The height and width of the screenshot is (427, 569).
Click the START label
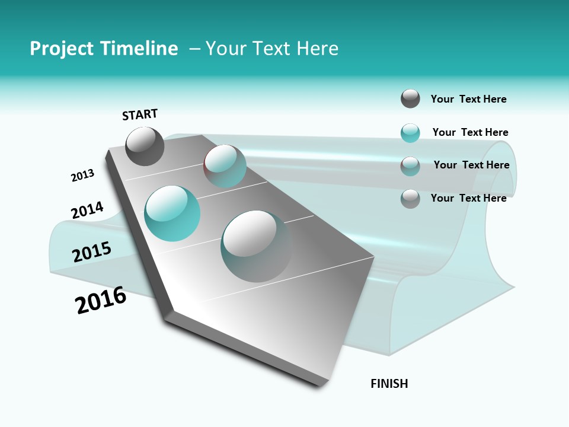pos(140,114)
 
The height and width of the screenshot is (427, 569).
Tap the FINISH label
pos(389,384)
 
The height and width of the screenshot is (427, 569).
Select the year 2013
pos(82,176)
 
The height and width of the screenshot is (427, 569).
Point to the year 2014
pos(87,211)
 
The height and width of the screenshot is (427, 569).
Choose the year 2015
pos(92,252)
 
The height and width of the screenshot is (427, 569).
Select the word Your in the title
pos(226,49)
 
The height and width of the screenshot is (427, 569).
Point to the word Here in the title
pos(317,49)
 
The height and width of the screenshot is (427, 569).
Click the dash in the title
pos(194,49)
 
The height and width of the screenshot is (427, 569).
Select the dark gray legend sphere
pos(410,98)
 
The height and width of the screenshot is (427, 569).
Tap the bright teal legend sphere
pos(410,133)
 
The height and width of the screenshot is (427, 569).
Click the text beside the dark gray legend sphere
pos(468,99)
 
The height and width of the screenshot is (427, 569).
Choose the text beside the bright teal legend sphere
pos(470,132)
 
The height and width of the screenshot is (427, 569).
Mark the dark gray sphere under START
pos(145,146)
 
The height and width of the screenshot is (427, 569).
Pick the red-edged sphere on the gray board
pos(225,166)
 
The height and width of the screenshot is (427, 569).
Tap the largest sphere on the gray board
pos(256,246)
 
